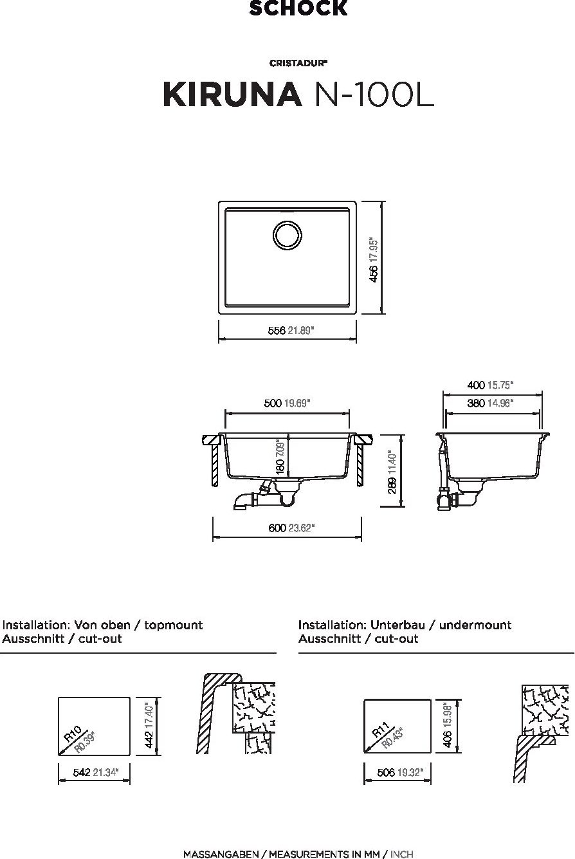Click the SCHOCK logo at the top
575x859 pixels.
coord(298,8)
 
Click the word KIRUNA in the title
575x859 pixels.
coord(232,94)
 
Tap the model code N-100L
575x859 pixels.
coord(374,94)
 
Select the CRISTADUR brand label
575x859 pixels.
coord(298,63)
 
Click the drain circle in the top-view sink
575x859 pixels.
coord(287,235)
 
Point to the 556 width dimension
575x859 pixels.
coord(277,330)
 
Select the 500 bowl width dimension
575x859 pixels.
coord(273,403)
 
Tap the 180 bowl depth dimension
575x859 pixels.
coord(280,466)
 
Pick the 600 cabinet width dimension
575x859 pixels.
coord(278,528)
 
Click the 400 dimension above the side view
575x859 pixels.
coord(476,385)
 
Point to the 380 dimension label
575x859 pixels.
coord(476,403)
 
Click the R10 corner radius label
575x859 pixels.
coord(73,734)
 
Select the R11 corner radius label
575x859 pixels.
coord(381,730)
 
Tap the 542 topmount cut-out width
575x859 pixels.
coord(82,772)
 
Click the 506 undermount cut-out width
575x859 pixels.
coord(386,772)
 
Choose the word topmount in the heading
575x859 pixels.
coord(173,625)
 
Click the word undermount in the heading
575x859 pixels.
coord(475,625)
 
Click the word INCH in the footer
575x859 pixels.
coord(401,854)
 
